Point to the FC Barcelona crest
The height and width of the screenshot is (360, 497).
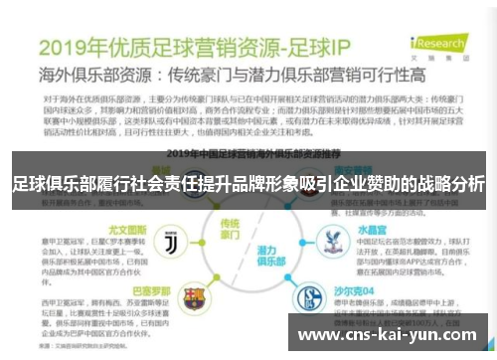(194, 295)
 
